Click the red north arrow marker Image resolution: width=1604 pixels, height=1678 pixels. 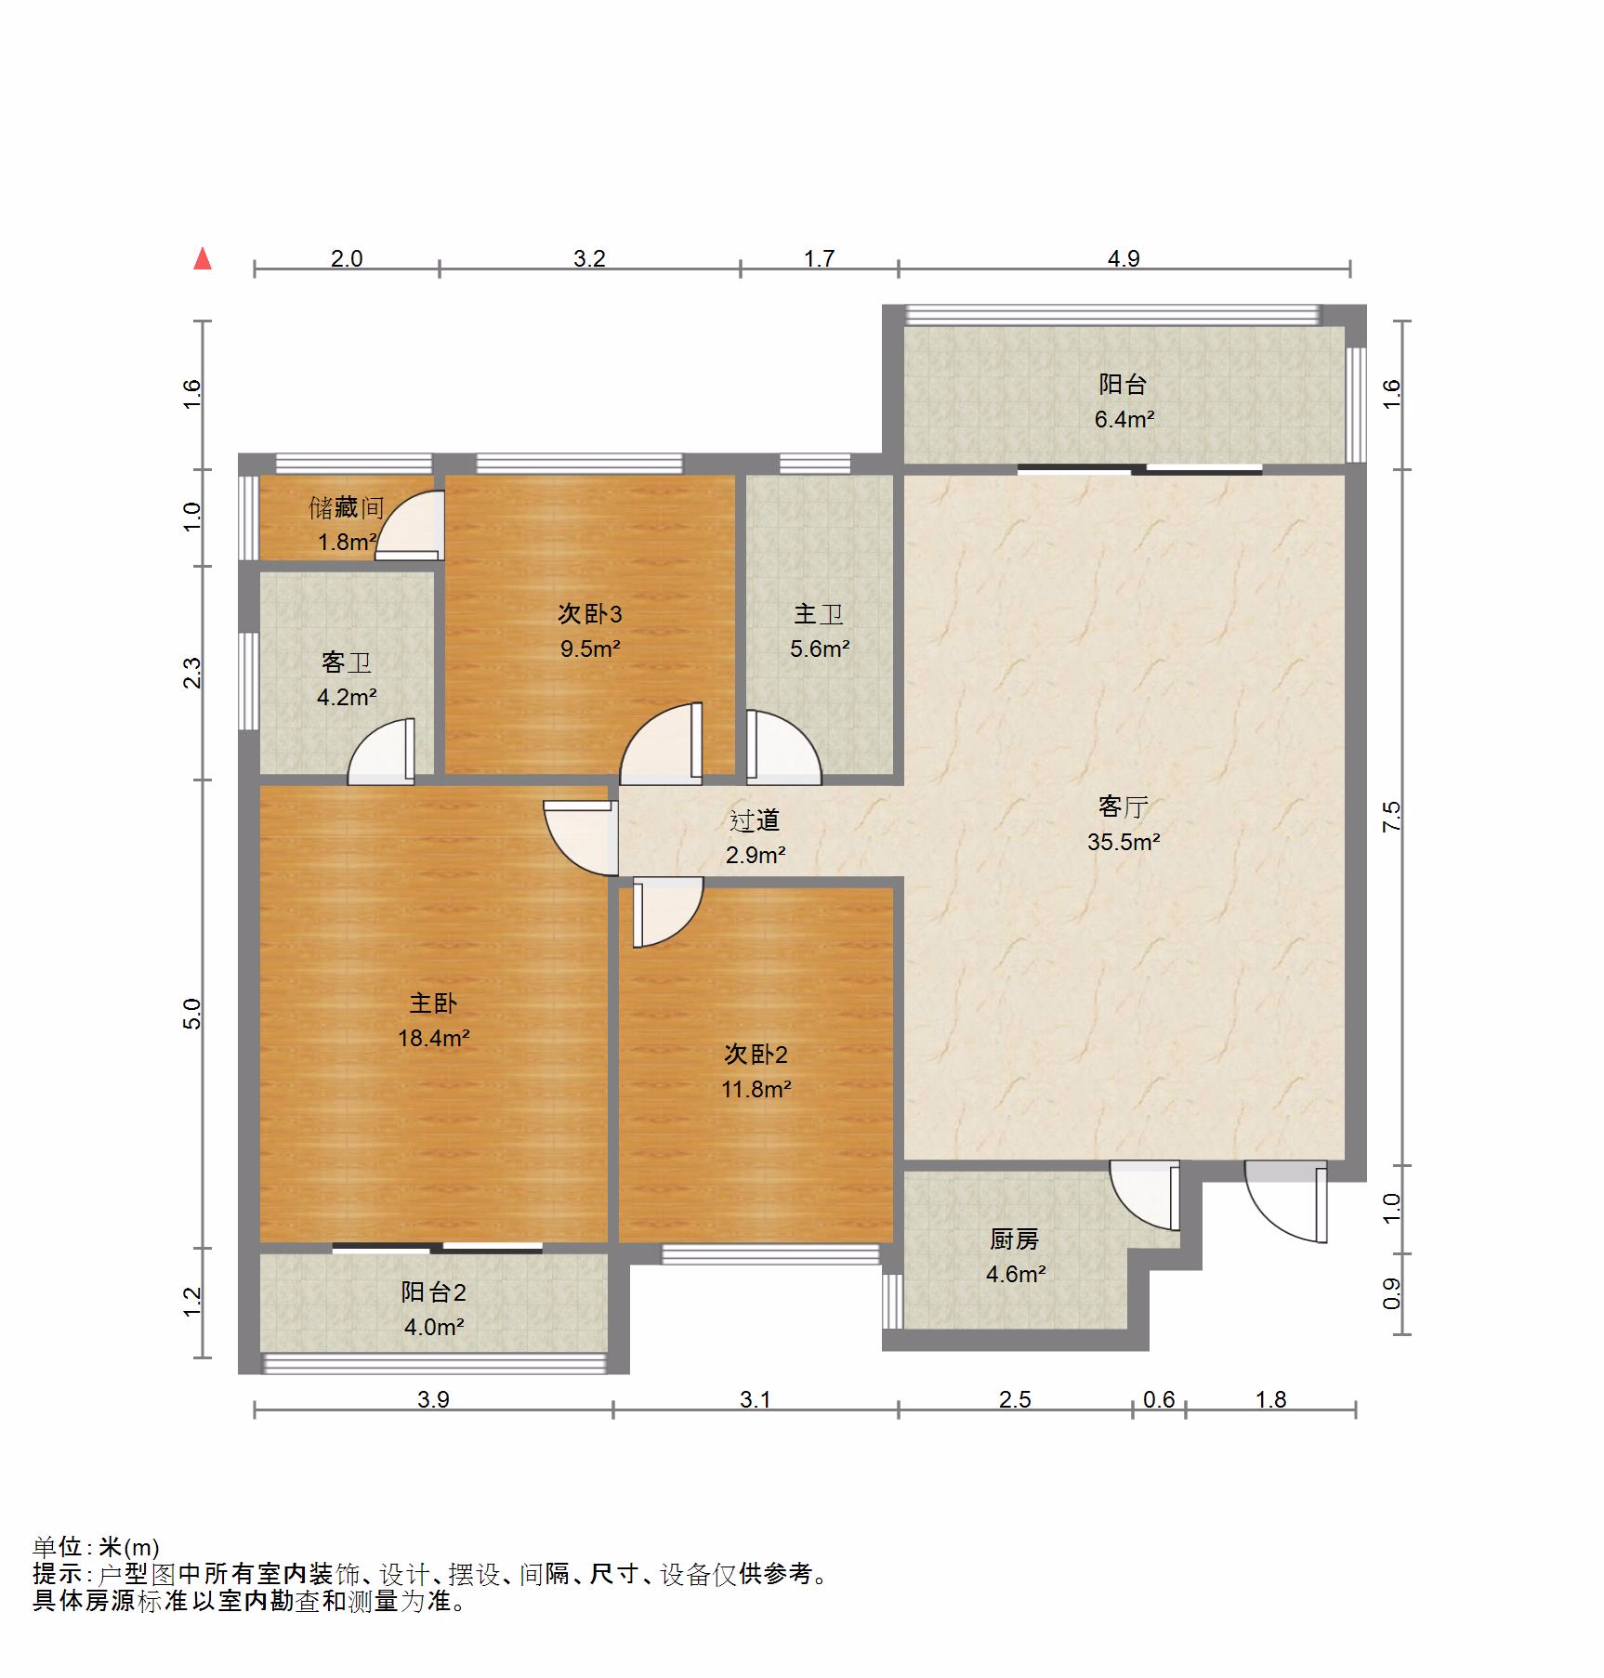click(202, 259)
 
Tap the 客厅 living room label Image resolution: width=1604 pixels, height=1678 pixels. click(1123, 806)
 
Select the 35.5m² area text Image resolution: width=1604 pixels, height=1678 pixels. click(1123, 842)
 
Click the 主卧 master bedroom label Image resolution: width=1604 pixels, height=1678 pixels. click(433, 1003)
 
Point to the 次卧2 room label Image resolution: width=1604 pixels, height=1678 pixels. click(756, 1054)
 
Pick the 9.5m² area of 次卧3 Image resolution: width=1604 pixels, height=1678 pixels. click(589, 649)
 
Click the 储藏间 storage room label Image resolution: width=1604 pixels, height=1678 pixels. click(346, 507)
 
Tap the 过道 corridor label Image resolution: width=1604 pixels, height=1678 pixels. click(754, 820)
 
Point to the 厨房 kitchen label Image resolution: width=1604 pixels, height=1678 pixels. click(1014, 1239)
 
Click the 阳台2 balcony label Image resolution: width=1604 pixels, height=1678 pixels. click(433, 1291)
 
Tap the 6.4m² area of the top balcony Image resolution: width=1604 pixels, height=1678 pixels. click(1123, 419)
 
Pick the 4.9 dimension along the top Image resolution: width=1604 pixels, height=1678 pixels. click(1123, 258)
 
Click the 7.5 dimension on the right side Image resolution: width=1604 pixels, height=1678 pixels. click(1391, 816)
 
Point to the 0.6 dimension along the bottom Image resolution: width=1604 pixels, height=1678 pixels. click(1158, 1399)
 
